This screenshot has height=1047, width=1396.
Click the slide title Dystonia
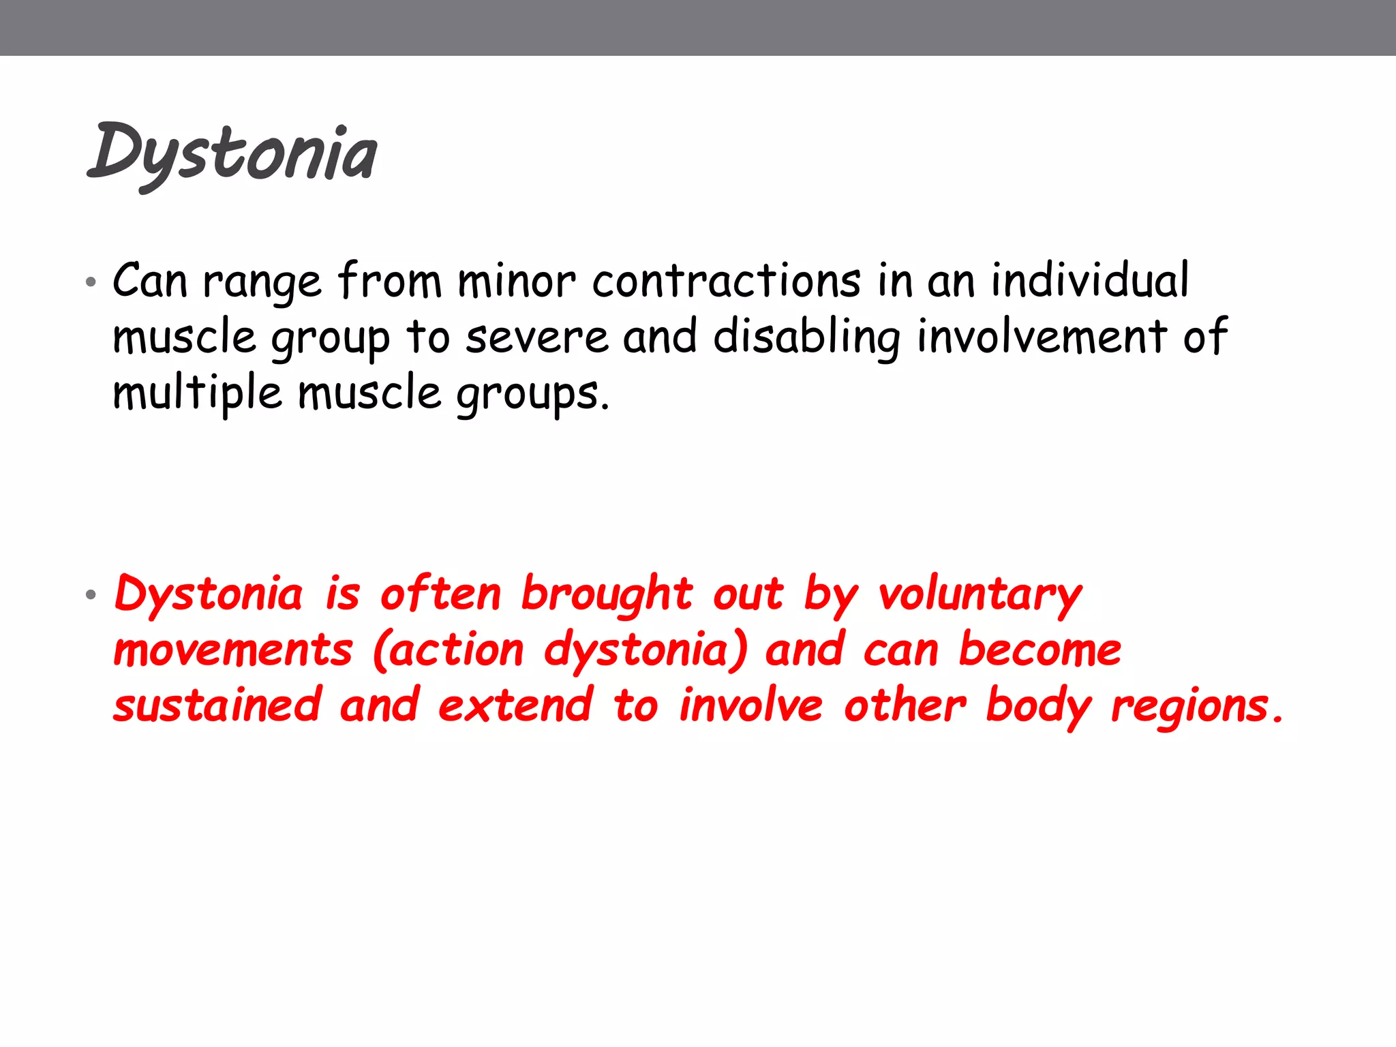coord(232,154)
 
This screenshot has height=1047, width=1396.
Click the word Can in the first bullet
coord(149,281)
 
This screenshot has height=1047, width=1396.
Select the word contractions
coord(726,281)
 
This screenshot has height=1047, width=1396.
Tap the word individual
coord(1089,281)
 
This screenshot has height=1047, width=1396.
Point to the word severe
coord(536,337)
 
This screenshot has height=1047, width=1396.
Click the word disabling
coord(806,337)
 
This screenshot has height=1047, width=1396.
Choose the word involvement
coord(1042,337)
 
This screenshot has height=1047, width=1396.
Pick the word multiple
coord(197,394)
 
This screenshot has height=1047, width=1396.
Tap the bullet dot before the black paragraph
coord(91,282)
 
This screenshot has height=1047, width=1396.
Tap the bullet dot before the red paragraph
coord(91,595)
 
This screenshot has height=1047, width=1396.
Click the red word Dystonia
coord(209,594)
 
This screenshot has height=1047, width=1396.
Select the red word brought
coord(607,594)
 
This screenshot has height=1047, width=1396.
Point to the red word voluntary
coord(980,594)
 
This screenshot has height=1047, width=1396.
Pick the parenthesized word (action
coord(449,651)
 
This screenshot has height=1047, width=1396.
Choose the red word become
coord(1040,650)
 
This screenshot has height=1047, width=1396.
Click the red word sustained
coord(217,706)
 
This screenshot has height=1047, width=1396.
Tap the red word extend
coord(515,706)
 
